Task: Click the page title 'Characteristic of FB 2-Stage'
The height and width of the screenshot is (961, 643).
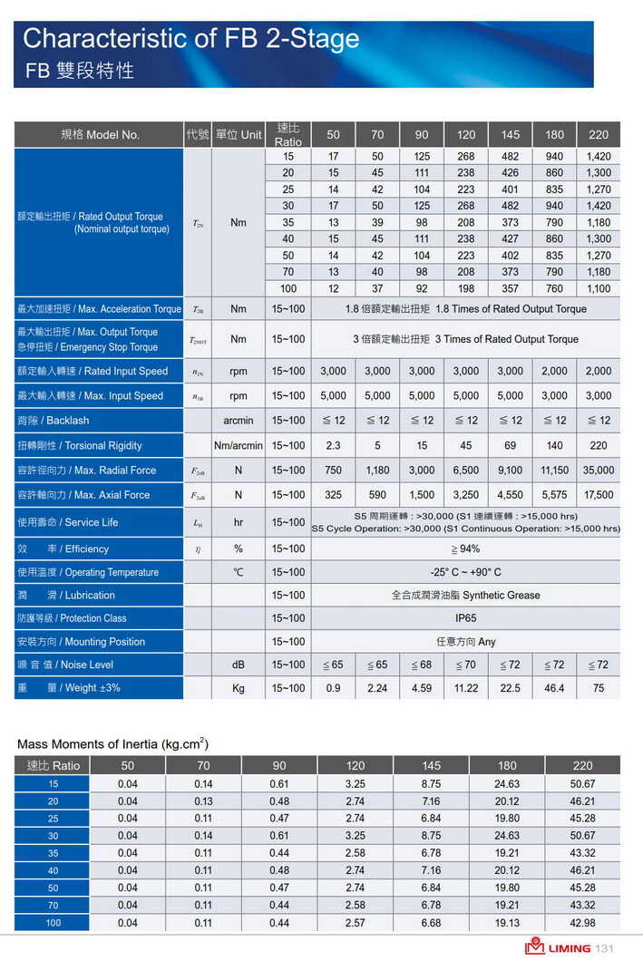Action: [190, 39]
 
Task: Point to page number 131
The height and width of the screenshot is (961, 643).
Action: [605, 948]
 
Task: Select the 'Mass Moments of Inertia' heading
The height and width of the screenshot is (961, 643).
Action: [112, 744]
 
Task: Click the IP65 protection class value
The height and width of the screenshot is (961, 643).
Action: [465, 618]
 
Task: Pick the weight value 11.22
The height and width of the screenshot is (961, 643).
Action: [466, 688]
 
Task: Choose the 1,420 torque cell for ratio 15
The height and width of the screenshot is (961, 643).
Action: [599, 157]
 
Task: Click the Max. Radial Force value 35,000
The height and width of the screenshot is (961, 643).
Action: [599, 471]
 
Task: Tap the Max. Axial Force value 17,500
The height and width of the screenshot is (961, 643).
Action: [599, 495]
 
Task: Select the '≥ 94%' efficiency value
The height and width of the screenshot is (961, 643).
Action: [465, 548]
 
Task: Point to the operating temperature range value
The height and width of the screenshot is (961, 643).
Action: [465, 572]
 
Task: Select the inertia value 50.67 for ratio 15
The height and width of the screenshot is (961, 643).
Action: [582, 783]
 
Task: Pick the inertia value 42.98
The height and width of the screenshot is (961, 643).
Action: [582, 922]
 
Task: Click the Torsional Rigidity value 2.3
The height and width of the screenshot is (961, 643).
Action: [333, 446]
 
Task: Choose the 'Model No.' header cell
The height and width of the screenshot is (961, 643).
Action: [100, 135]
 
